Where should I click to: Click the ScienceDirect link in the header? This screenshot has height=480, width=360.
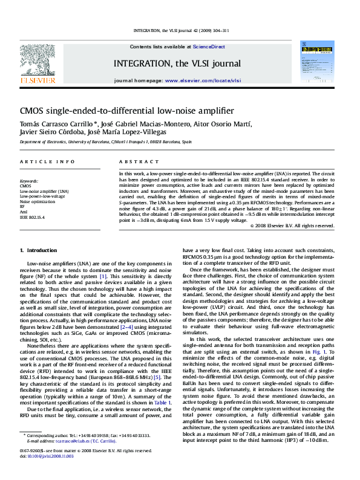209,47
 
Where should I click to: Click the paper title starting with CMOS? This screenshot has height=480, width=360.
126,111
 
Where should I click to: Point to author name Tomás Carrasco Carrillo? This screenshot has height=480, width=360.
53,124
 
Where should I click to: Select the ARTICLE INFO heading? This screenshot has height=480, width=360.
39,162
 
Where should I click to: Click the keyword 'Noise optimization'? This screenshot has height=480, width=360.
37,201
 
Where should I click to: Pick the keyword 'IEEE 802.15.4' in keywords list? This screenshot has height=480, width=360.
32,216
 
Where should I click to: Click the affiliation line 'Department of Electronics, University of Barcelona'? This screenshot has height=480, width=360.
105,141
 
